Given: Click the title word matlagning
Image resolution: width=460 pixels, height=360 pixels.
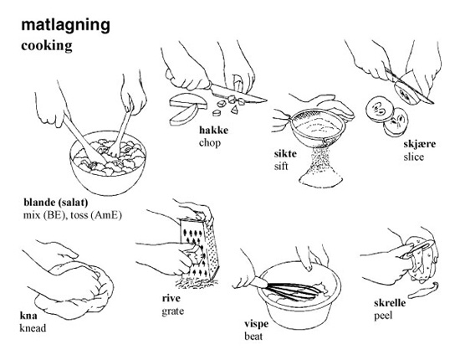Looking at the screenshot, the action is (66, 26).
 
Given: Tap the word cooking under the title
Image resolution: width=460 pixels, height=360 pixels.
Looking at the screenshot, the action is (47, 46).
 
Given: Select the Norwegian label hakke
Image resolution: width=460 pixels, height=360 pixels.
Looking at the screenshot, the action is (213, 130).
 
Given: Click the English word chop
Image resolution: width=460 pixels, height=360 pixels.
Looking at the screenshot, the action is (210, 143).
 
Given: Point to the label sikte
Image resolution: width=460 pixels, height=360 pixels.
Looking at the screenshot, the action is (285, 153).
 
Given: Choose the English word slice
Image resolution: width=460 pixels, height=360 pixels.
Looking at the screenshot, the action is (414, 157).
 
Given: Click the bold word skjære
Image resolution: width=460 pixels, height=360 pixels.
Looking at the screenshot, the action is (420, 144).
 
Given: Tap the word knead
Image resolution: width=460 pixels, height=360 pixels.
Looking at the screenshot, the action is (33, 328).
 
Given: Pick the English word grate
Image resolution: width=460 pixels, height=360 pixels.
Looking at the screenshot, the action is (173, 311).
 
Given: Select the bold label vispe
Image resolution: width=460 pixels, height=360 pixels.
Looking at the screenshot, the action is (257, 324).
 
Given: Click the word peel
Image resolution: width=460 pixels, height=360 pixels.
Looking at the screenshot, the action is (383, 316).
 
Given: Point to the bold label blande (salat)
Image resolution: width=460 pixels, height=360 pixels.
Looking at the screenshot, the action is (56, 203).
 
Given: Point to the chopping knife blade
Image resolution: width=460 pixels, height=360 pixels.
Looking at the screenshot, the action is (238, 93).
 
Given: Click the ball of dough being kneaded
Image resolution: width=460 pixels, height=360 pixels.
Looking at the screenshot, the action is (74, 291).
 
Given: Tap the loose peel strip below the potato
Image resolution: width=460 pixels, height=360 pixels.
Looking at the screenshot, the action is (423, 291).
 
